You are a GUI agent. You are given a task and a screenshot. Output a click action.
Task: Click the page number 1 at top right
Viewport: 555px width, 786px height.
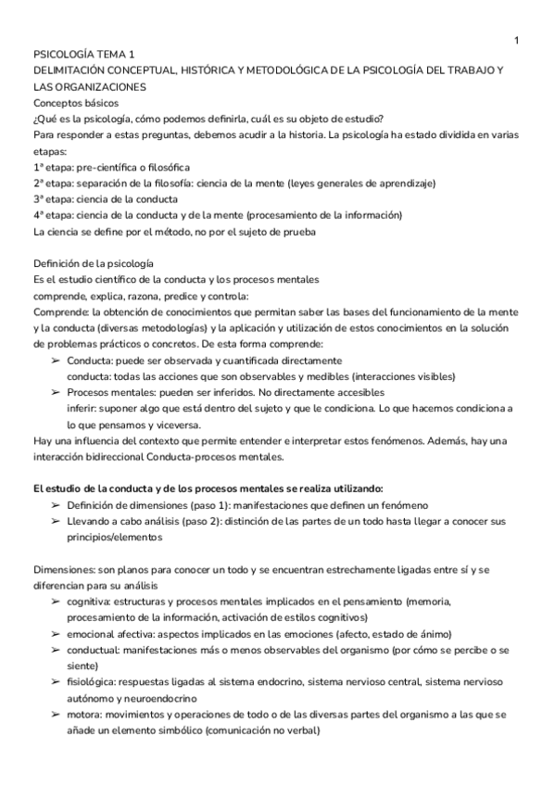[516, 39]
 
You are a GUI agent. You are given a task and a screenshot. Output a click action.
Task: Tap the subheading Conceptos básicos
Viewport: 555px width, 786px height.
[75, 103]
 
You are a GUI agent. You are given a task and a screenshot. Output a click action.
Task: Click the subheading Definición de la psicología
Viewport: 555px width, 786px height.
[93, 263]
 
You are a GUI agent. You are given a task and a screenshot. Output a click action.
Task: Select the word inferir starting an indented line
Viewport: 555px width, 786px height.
[80, 409]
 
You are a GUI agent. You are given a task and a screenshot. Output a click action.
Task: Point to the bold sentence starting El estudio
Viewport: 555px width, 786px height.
[208, 488]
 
